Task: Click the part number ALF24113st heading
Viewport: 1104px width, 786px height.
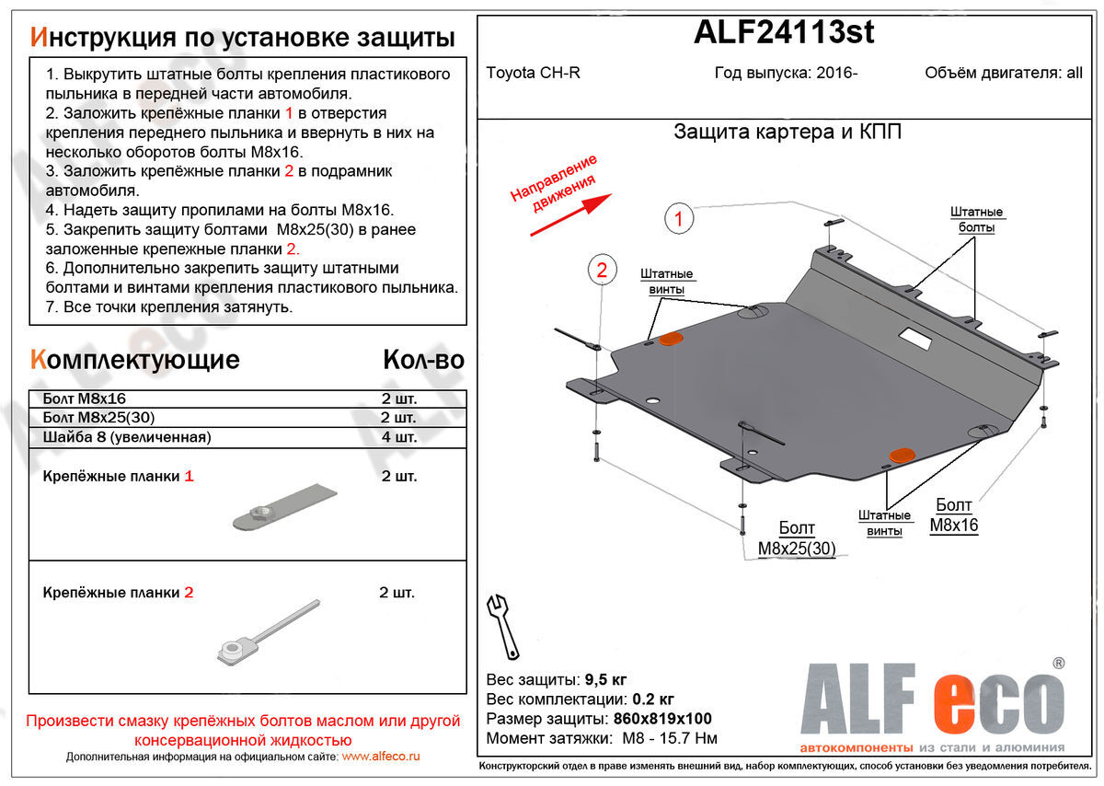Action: point(783,33)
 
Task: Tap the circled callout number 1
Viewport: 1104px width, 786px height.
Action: point(678,219)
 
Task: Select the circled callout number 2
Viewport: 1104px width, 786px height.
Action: point(601,270)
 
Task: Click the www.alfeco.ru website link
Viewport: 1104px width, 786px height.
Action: point(380,756)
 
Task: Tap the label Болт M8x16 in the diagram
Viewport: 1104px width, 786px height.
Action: point(953,515)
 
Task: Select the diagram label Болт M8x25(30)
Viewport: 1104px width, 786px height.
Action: point(797,539)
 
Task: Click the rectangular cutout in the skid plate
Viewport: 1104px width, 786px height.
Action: point(916,338)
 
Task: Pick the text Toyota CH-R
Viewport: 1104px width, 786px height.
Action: point(534,74)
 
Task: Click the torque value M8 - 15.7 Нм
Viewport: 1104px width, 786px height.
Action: point(663,738)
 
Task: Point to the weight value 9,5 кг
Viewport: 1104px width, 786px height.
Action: point(605,680)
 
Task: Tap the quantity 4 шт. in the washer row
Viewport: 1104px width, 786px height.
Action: point(398,437)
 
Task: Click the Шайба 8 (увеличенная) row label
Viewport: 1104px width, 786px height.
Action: point(127,437)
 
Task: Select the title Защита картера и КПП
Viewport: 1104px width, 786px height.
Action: point(788,132)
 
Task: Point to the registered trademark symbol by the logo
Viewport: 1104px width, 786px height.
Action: point(1058,662)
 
